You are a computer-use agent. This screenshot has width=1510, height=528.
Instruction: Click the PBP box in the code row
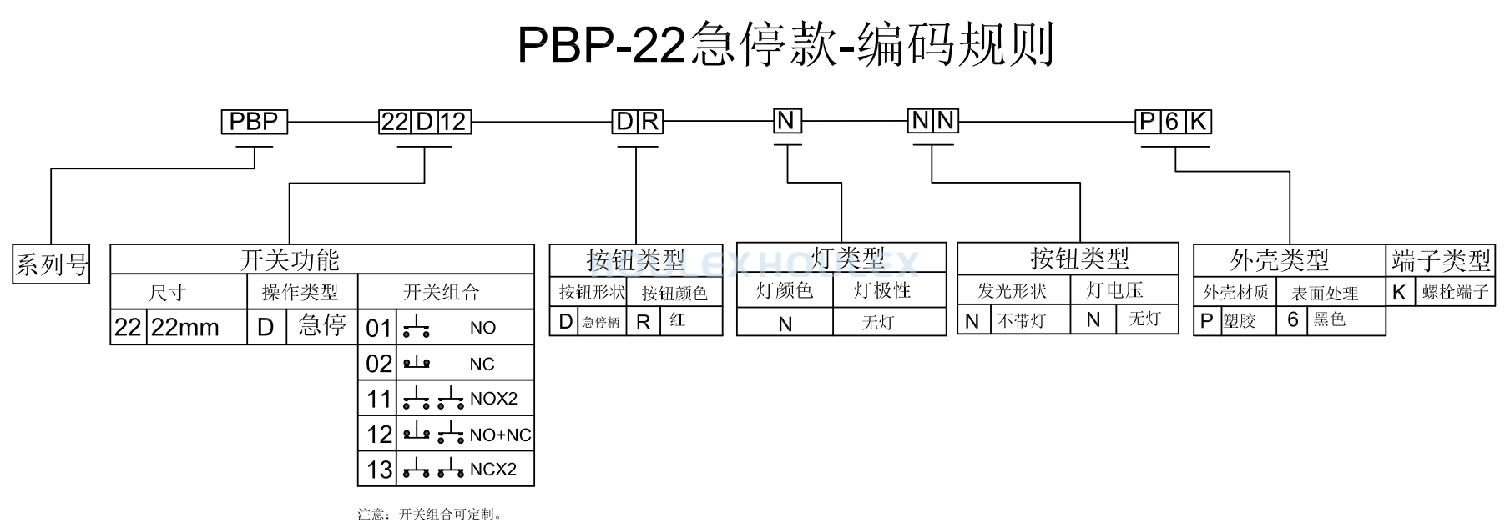255,122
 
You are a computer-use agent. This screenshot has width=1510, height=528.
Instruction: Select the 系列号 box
52,264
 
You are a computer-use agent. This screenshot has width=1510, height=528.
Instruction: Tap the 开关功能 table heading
290,259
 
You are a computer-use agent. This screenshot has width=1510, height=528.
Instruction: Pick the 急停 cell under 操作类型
322,325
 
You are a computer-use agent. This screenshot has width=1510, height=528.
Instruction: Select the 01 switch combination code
378,328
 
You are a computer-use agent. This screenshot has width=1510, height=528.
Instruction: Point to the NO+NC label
500,435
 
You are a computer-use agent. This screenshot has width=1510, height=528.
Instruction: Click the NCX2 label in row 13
493,470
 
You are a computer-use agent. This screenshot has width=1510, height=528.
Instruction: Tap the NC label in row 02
482,365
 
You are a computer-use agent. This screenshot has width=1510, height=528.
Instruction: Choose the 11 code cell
379,399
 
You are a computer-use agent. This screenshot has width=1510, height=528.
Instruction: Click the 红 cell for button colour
678,320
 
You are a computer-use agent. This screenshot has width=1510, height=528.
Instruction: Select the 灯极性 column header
882,290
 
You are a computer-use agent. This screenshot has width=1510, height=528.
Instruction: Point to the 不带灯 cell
1022,320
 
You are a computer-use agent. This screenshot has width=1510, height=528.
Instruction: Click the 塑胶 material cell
1239,321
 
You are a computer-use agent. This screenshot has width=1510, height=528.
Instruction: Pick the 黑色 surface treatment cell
1330,319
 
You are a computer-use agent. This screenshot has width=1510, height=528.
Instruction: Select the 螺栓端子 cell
1456,292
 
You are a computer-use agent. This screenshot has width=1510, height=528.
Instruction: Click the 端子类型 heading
1441,260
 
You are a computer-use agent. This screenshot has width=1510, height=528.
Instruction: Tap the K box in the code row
1198,122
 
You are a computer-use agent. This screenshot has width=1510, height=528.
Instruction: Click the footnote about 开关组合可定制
431,514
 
